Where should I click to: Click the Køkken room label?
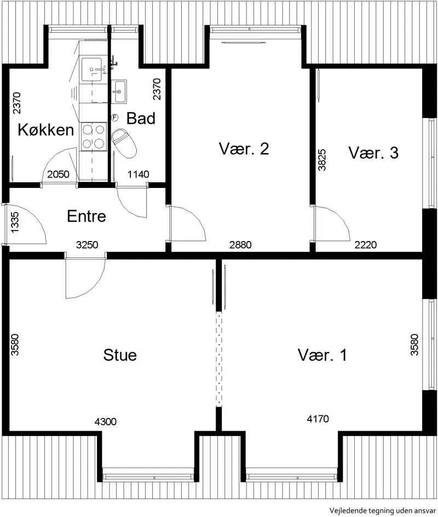[45, 130]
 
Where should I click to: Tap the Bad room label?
[141, 119]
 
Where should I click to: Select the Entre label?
[87, 216]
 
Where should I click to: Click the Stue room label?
[120, 355]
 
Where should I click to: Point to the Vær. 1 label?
[322, 355]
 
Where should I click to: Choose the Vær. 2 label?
[244, 149]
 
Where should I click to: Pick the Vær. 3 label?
[373, 152]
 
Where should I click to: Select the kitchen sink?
[92, 69]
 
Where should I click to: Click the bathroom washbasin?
[119, 91]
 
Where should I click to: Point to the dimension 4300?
[105, 421]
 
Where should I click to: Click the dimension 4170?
[318, 419]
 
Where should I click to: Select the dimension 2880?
[240, 245]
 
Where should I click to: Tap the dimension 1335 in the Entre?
[15, 222]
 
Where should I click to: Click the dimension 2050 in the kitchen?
[58, 174]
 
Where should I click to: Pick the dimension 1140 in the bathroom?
[139, 174]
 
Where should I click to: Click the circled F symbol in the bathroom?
[115, 117]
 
